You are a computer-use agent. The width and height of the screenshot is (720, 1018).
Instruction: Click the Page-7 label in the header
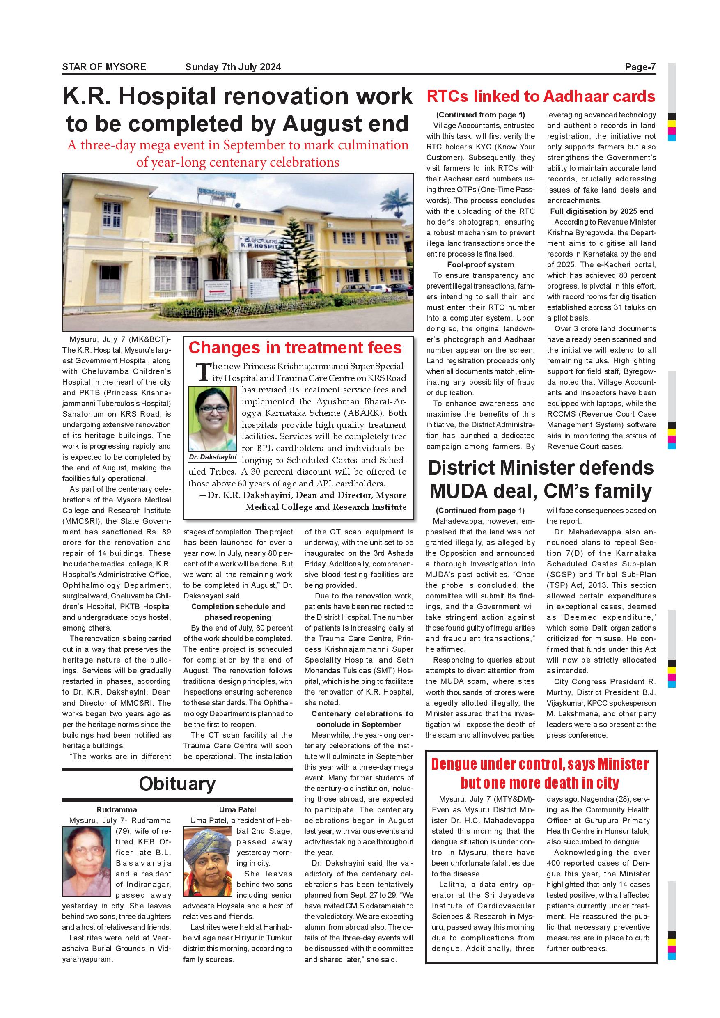tap(640, 67)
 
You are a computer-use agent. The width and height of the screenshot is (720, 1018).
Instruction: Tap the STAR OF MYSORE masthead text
tap(104, 67)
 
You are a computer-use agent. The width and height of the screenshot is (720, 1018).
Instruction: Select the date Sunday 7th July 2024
tap(233, 67)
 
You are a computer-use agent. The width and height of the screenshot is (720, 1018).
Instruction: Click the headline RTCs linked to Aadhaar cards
tap(541, 96)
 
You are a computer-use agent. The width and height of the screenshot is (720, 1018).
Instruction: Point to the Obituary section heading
tap(177, 784)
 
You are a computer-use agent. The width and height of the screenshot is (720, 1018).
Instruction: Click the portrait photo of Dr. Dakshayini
tap(213, 419)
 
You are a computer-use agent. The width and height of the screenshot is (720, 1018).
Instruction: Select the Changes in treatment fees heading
tap(295, 348)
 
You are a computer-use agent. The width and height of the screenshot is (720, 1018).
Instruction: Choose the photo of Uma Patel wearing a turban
tap(207, 862)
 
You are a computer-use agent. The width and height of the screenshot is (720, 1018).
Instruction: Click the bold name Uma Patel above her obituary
tap(237, 809)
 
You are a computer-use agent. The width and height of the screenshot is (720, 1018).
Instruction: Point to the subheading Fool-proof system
tap(481, 265)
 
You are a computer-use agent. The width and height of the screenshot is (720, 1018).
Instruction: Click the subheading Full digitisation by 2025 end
tap(602, 211)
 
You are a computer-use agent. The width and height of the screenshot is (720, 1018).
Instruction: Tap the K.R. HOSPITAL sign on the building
tap(261, 244)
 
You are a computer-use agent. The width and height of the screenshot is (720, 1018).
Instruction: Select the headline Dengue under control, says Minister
tap(540, 764)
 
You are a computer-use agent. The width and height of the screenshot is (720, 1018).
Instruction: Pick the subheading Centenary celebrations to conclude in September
tap(359, 719)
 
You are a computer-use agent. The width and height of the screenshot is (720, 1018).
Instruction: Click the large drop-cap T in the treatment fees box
tap(203, 372)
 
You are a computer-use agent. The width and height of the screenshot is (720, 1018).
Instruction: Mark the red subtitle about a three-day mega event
tap(238, 154)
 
